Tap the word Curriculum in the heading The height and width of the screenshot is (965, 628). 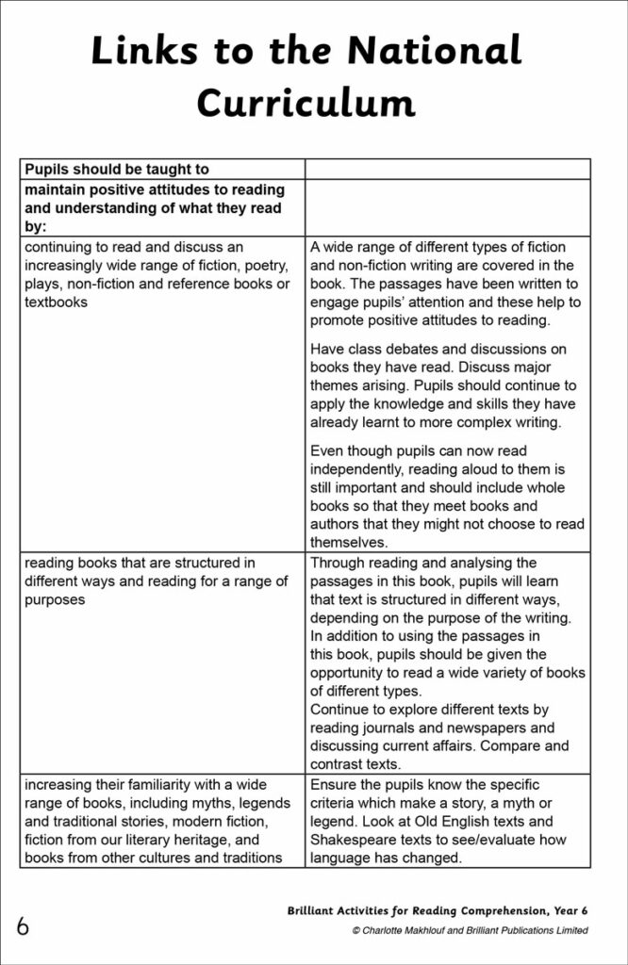click(x=306, y=103)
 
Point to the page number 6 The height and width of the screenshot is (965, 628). click(x=22, y=926)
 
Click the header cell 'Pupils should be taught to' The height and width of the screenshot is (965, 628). click(x=116, y=170)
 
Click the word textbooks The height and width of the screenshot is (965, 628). click(x=56, y=303)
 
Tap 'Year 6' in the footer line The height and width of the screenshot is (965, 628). click(x=570, y=911)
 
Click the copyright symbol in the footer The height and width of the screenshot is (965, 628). click(x=355, y=931)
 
